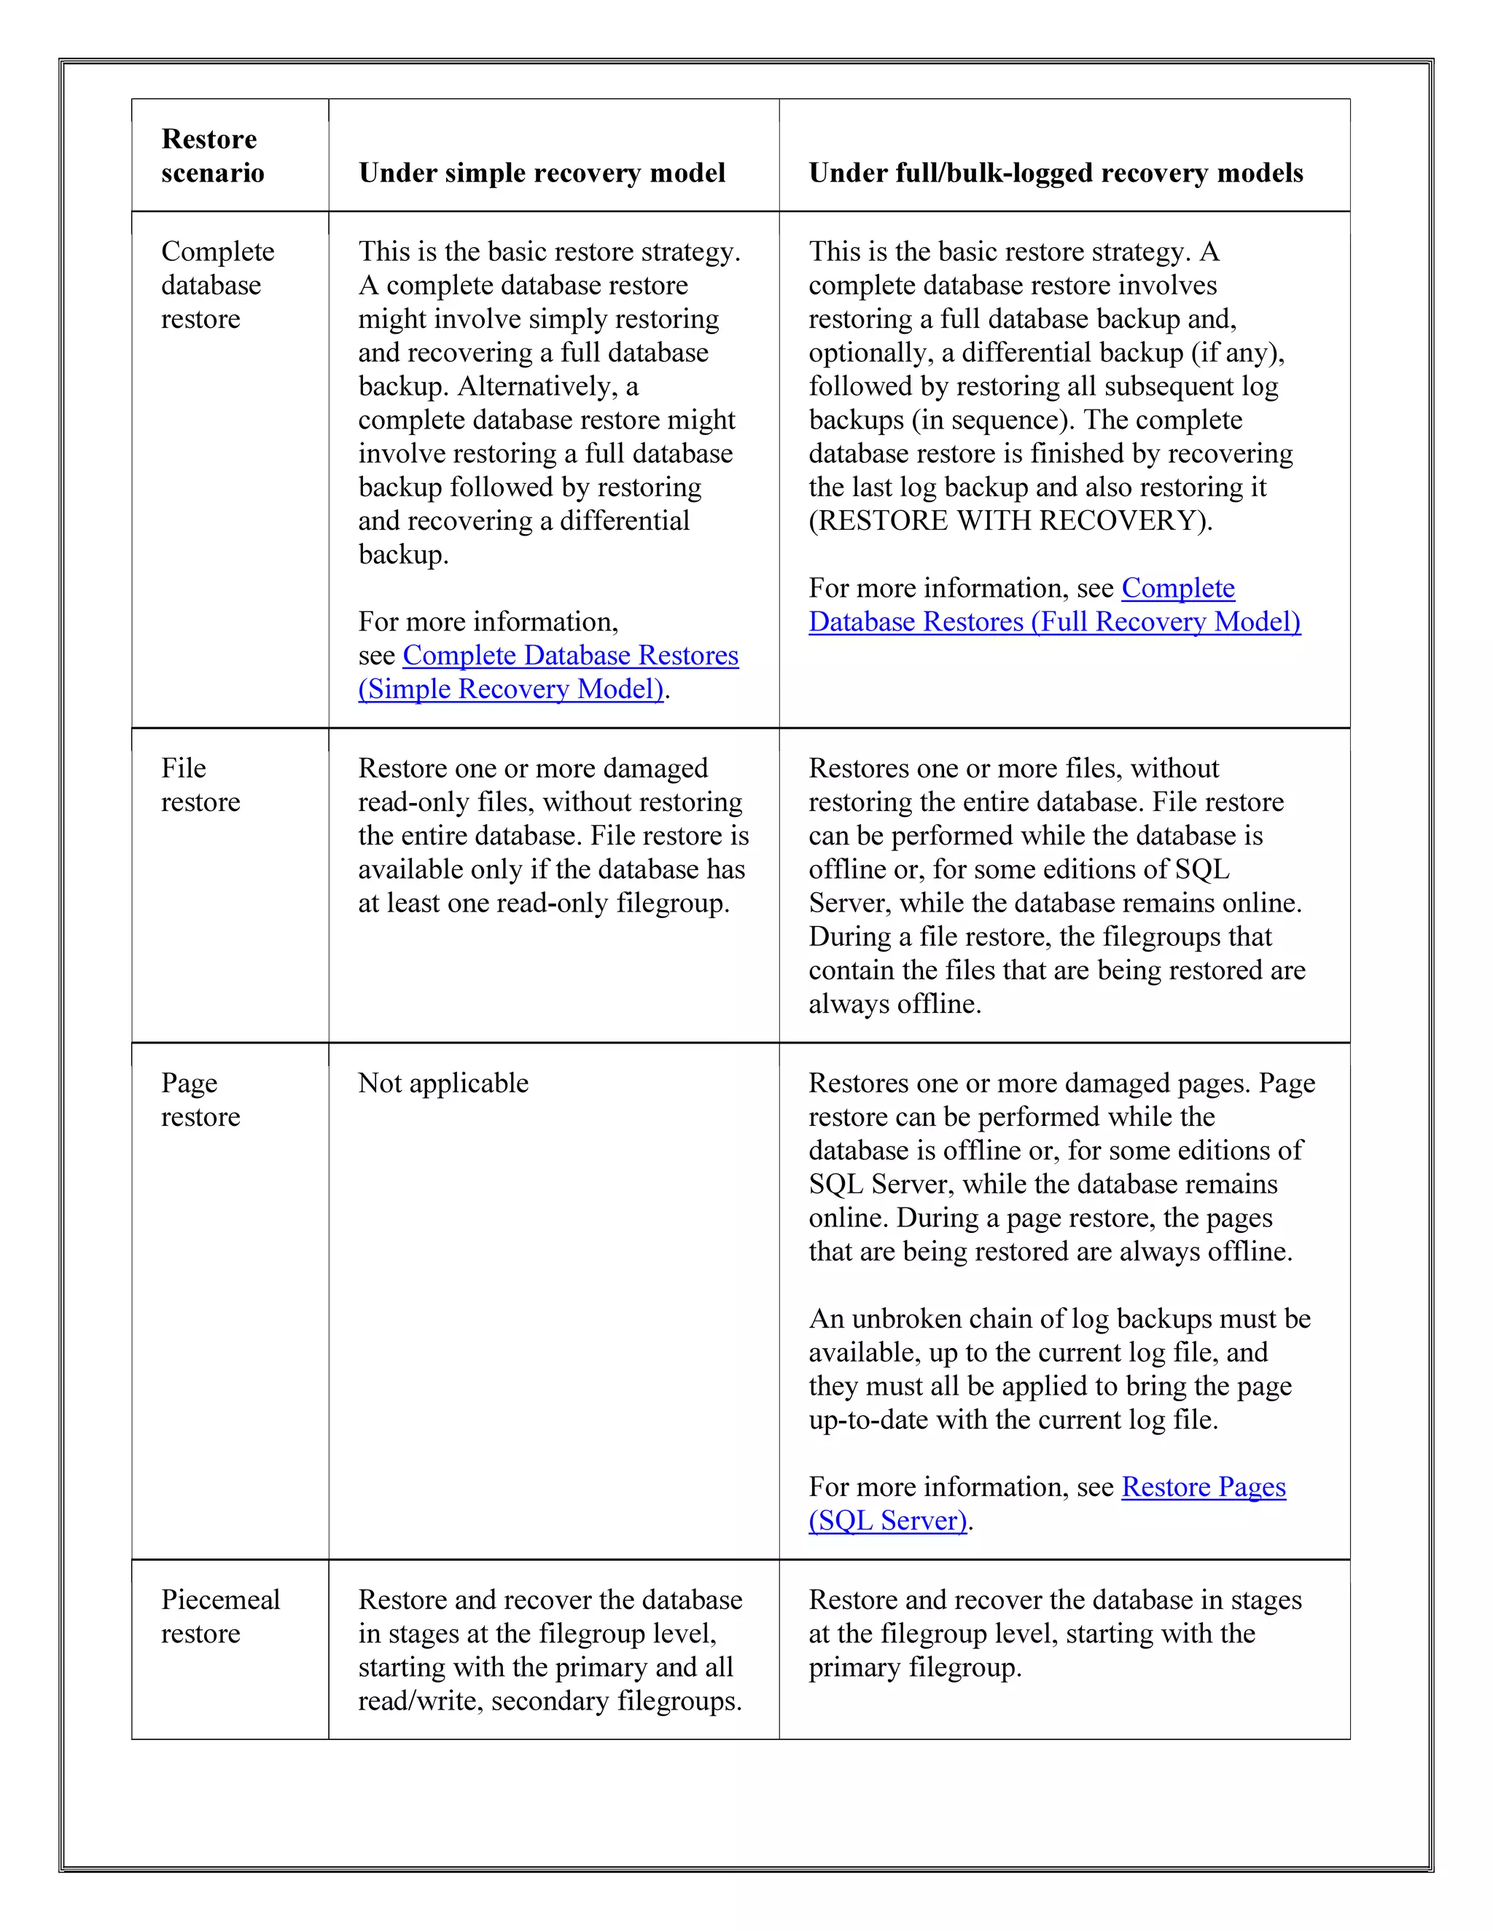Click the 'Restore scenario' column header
(212, 156)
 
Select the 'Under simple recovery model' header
(542, 173)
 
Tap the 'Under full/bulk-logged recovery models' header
(1055, 173)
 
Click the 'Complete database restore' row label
(217, 285)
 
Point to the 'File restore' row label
(200, 784)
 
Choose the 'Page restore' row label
(200, 1099)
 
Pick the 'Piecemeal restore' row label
(220, 1615)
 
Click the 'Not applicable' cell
(443, 1082)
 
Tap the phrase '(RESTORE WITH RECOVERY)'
(1010, 521)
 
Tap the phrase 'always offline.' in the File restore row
(894, 1003)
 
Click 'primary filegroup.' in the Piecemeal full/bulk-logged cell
(915, 1666)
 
